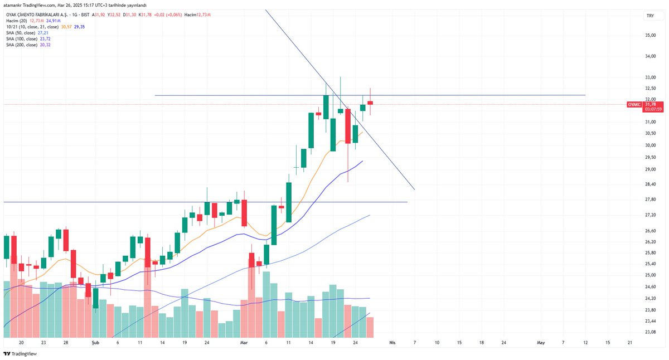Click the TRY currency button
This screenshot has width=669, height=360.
point(649,16)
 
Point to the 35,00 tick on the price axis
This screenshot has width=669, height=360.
point(650,36)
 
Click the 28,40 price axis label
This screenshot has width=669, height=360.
point(650,184)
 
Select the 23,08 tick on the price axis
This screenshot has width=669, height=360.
point(650,332)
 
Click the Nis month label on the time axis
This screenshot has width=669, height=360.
point(392,343)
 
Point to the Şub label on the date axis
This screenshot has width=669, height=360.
point(95,343)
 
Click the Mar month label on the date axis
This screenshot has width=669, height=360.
point(243,343)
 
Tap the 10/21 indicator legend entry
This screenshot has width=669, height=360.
point(33,27)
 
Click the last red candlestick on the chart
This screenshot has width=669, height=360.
point(370,103)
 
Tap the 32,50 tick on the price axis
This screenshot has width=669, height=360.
point(650,89)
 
